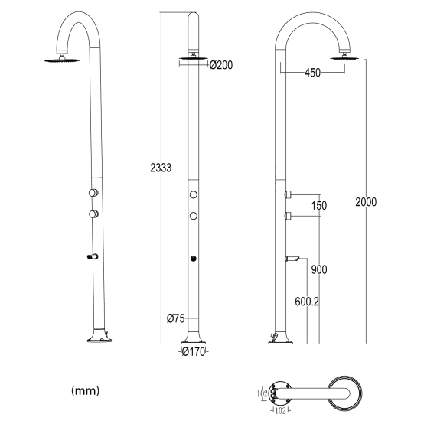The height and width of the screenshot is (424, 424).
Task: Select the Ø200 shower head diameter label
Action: [220, 66]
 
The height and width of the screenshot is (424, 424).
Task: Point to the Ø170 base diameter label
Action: [194, 353]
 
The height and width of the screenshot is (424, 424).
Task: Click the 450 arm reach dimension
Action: [311, 73]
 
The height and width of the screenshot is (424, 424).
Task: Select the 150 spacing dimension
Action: [319, 206]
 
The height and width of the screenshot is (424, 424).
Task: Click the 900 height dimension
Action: [319, 269]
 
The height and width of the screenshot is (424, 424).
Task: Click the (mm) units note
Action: [85, 391]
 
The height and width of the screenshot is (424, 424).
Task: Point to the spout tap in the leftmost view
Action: [93, 256]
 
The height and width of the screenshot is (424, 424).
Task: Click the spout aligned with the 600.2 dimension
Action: [290, 258]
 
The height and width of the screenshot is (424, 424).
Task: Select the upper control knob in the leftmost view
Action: [93, 193]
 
